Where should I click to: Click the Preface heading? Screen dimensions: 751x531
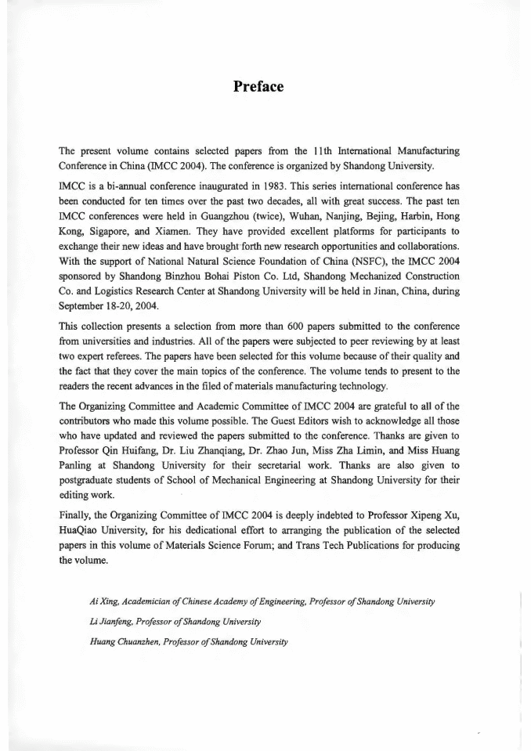(x=258, y=86)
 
